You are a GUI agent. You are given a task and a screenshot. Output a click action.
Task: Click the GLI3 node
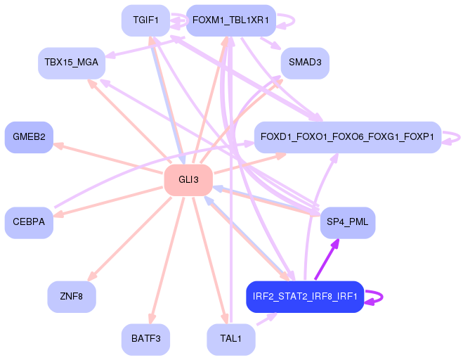[188, 180]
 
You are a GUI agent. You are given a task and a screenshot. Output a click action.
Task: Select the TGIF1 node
[145, 20]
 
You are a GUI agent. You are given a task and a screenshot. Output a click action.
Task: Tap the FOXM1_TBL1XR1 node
[231, 20]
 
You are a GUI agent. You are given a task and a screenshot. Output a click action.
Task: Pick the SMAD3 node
[305, 63]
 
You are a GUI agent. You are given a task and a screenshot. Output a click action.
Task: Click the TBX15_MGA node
[72, 63]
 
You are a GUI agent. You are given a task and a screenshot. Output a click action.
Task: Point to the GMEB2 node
[29, 137]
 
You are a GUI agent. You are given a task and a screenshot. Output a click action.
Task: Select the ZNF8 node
[72, 297]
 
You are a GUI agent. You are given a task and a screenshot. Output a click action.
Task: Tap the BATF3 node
[145, 340]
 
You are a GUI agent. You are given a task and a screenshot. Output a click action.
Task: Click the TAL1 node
[231, 340]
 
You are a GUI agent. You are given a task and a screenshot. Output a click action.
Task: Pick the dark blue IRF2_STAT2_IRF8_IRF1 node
[305, 297]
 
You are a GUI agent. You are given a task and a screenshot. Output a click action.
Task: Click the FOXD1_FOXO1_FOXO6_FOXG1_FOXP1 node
[348, 137]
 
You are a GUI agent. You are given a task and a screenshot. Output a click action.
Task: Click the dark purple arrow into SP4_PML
[327, 259]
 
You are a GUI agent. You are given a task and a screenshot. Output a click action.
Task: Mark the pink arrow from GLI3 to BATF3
[167, 260]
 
